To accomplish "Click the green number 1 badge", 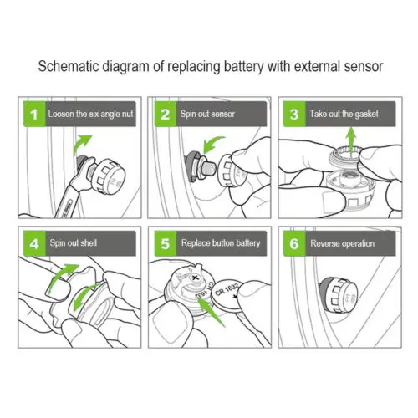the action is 34,115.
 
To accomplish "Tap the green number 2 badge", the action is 166,115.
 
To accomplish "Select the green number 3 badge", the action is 294,115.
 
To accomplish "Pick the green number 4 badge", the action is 34,243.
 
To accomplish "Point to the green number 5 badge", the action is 166,243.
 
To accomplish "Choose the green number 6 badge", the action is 294,243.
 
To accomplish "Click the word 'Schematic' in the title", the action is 69,66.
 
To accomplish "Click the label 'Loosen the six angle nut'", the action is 90,114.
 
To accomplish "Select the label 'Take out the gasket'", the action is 344,114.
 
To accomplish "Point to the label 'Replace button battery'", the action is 221,243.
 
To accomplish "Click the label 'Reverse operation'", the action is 343,243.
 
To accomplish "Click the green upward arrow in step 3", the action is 351,140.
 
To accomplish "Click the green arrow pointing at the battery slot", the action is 211,312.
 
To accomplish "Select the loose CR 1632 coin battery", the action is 227,297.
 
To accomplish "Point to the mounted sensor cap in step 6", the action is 339,296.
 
